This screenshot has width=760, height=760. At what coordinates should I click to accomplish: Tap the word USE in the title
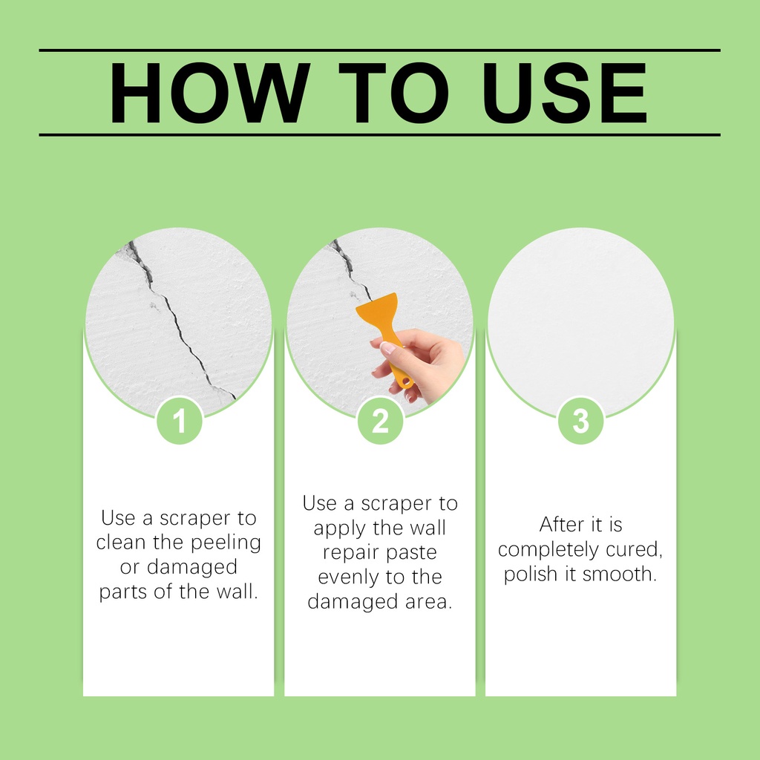564,93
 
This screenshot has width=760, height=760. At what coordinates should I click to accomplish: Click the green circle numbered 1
180,420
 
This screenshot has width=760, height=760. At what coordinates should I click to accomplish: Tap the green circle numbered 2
381,420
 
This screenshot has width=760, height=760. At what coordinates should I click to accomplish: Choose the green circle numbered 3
580,420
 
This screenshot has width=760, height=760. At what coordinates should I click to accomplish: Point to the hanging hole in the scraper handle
406,383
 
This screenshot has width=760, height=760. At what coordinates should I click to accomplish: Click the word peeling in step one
226,543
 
